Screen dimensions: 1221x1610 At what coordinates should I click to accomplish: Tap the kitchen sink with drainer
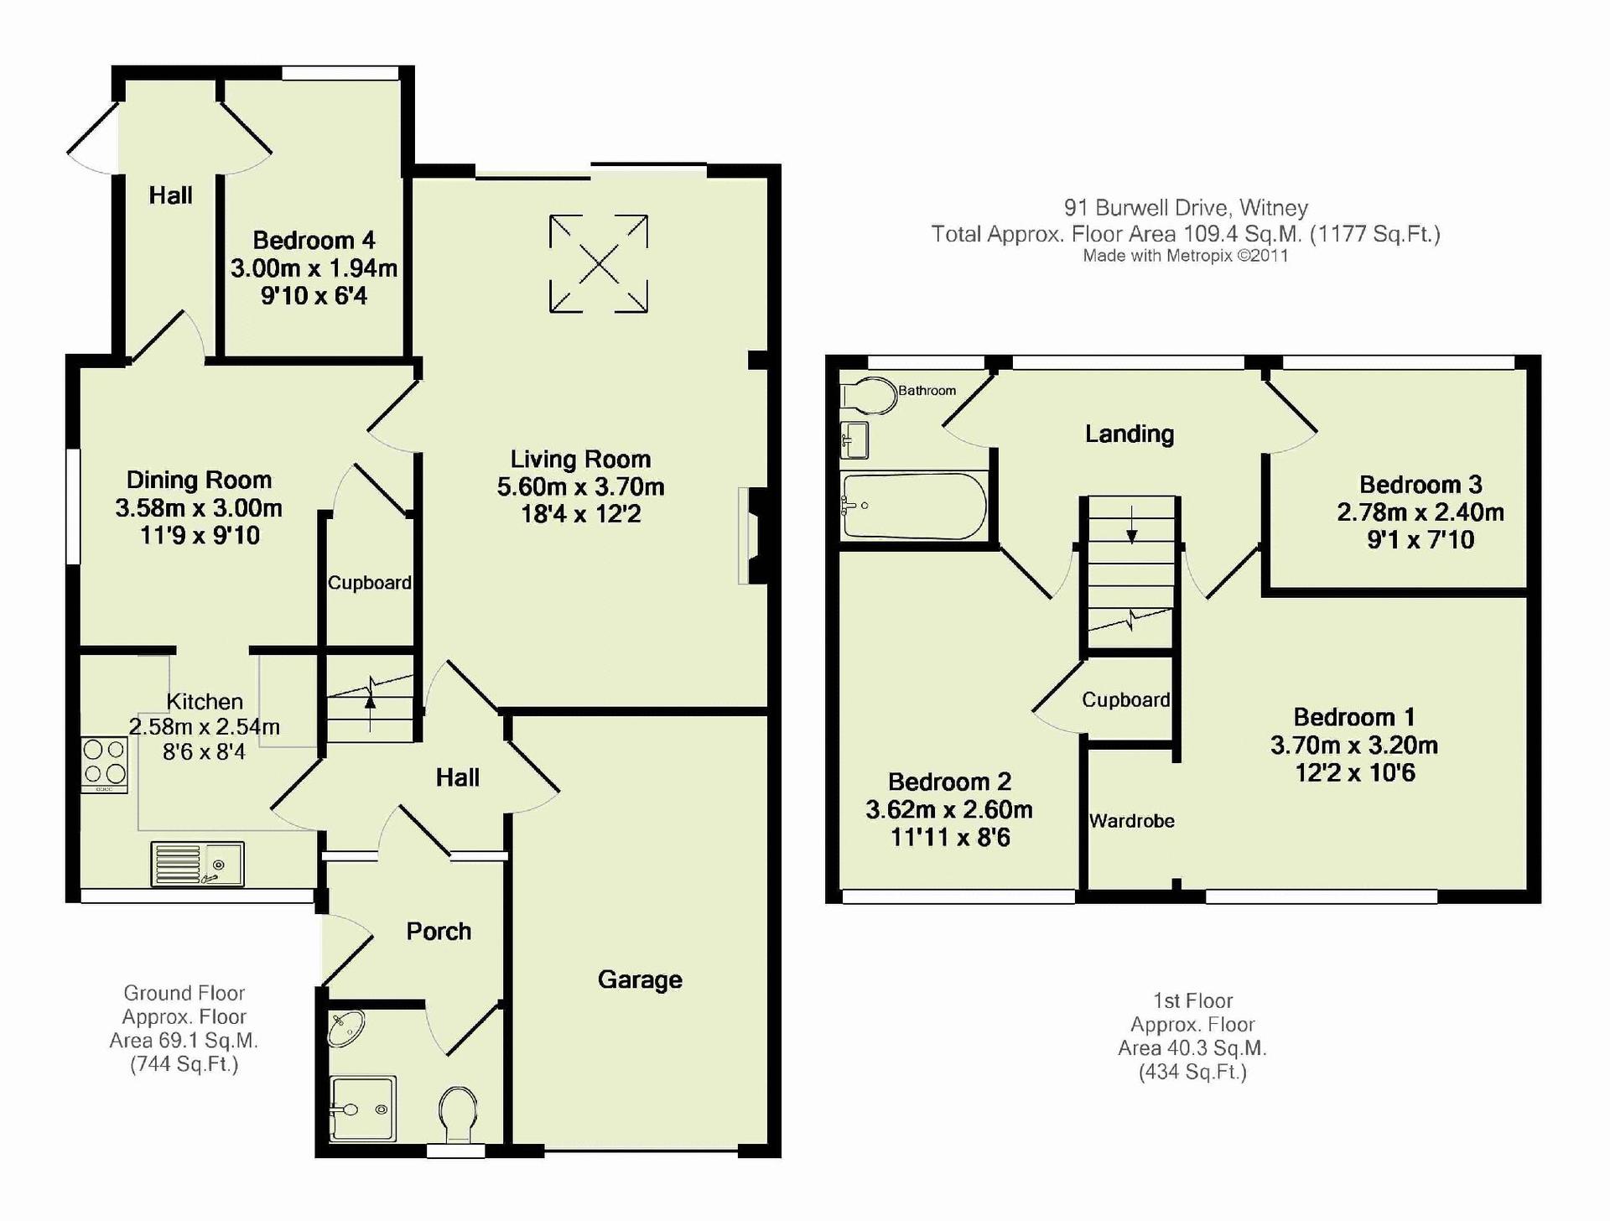(198, 864)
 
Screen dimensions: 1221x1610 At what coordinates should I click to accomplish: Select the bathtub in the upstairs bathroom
(914, 506)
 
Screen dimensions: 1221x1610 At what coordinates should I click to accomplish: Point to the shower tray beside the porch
(362, 1109)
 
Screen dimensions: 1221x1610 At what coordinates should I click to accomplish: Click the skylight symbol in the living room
(599, 264)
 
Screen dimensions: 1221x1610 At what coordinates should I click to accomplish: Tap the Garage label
(640, 979)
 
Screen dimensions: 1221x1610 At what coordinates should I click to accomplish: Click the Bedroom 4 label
(314, 241)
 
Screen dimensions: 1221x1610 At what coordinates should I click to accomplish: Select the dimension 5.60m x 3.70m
(580, 486)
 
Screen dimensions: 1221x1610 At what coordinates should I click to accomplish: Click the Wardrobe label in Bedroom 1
(1131, 821)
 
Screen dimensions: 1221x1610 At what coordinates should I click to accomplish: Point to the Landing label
(1130, 434)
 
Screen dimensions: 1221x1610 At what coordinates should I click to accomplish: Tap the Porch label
(439, 931)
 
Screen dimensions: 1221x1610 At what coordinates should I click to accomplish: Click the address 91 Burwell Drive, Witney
(1186, 207)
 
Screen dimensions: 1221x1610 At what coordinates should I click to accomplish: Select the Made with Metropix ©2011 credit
(1186, 256)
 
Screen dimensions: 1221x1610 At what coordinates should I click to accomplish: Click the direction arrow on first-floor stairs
(1132, 526)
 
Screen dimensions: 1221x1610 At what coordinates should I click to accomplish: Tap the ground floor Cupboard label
(369, 583)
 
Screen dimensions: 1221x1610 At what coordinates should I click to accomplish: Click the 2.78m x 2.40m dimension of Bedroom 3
(1420, 512)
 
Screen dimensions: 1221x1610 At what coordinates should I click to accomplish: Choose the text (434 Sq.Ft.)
(1192, 1072)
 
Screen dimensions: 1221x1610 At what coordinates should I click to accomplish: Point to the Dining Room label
(199, 480)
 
